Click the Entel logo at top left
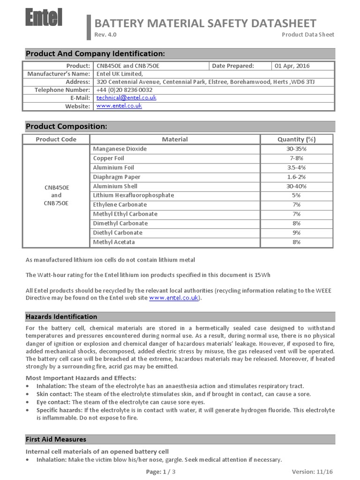[x=44, y=19]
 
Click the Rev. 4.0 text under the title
[x=105, y=35]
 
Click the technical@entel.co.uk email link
[x=126, y=98]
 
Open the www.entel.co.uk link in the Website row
[x=119, y=106]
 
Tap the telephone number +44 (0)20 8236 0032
[x=124, y=90]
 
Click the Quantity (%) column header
[x=296, y=139]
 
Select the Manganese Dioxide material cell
[x=120, y=149]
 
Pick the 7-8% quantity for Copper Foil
[x=296, y=158]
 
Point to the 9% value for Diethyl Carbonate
[x=296, y=232]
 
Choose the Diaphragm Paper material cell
[x=117, y=177]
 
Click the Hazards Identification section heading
[x=61, y=316]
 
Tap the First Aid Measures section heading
[x=56, y=439]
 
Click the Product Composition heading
[x=66, y=127]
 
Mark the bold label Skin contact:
[x=54, y=394]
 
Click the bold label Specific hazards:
[x=59, y=410]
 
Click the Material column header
[x=174, y=139]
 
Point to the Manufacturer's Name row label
[x=58, y=74]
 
